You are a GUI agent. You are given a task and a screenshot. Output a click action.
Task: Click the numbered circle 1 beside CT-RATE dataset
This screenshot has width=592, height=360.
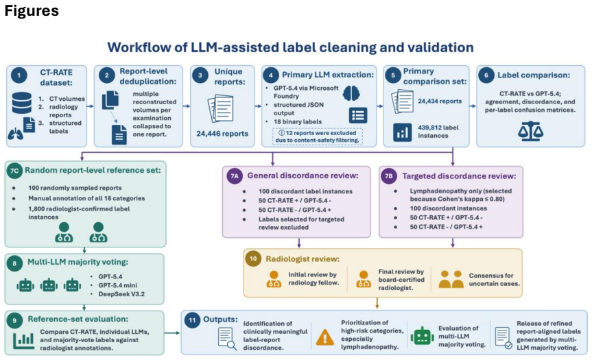(19, 75)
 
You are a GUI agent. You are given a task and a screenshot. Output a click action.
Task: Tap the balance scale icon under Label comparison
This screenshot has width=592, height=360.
(530, 131)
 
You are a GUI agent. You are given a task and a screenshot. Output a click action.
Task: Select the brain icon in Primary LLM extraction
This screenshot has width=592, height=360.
(351, 93)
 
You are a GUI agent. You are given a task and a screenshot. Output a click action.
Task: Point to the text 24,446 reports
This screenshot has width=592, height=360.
(222, 134)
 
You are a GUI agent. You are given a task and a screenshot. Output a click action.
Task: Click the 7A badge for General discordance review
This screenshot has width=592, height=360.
(235, 176)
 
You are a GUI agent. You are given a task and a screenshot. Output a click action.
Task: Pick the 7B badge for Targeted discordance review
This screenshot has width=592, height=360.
(388, 176)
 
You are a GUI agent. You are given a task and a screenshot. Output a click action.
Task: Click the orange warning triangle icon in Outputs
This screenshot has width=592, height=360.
(324, 337)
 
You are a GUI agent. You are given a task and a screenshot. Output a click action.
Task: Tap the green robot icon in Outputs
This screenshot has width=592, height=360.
(422, 336)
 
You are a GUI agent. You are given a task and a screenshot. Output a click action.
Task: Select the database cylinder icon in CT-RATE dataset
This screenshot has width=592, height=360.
(21, 103)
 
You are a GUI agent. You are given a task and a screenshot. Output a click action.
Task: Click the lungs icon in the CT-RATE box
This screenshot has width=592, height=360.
(15, 134)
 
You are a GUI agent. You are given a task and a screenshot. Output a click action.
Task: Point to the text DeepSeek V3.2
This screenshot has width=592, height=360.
(121, 294)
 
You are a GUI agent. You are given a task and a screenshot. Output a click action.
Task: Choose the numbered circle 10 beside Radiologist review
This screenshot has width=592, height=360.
(253, 259)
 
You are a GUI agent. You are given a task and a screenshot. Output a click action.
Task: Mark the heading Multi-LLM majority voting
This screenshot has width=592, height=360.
(78, 262)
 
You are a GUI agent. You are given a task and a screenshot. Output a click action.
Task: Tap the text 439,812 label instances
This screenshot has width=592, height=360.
(438, 132)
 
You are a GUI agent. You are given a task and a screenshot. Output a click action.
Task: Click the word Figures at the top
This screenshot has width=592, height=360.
(32, 10)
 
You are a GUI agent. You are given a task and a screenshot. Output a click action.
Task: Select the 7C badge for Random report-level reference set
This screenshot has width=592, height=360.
(14, 171)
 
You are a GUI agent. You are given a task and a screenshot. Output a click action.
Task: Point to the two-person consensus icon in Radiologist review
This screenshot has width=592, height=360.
(451, 279)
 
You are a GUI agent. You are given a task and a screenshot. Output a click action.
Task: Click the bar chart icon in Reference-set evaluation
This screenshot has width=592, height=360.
(23, 340)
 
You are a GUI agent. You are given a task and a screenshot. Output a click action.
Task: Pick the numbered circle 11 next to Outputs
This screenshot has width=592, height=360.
(192, 320)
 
